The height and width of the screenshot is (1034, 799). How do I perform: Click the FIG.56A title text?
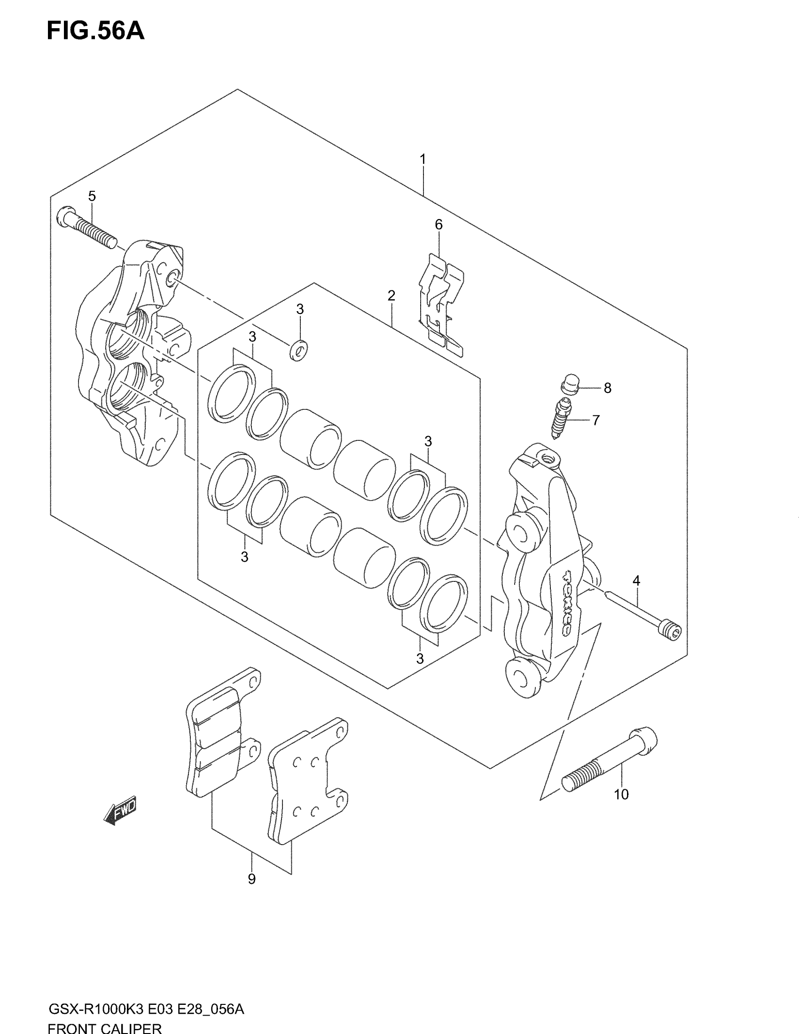click(95, 31)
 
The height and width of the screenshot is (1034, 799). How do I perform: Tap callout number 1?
click(423, 159)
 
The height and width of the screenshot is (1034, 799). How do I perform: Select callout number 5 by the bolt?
click(92, 196)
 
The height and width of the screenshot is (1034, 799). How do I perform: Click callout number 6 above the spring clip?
click(439, 224)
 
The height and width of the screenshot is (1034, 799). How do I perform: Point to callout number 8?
click(608, 388)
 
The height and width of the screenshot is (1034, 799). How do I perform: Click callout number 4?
click(636, 580)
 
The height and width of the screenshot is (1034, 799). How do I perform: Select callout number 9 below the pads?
click(252, 879)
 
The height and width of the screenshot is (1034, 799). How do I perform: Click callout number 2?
click(391, 296)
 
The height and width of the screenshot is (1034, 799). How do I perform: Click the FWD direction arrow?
click(121, 810)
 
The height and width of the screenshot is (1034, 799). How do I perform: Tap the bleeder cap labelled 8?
click(571, 383)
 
